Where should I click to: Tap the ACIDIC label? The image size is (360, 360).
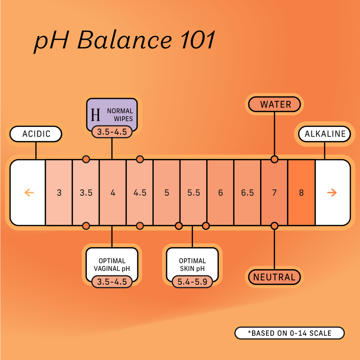point(36,134)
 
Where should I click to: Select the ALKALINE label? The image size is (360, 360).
point(325,134)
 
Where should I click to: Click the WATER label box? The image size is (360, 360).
point(275,104)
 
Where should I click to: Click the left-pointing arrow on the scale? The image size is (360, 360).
point(29,193)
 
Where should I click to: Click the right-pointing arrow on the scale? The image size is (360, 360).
point(332,193)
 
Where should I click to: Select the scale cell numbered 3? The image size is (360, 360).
point(59,193)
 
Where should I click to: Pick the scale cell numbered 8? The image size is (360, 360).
point(301,193)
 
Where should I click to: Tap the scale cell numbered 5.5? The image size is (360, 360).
point(193,193)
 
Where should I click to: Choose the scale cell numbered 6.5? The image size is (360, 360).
point(247,193)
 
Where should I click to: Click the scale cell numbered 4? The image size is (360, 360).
point(112,193)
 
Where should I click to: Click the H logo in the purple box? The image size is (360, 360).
point(95,114)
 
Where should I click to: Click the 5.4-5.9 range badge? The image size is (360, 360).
point(193,282)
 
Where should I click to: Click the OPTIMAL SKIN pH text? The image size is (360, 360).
point(193,265)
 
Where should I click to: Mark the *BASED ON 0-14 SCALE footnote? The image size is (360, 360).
point(289,333)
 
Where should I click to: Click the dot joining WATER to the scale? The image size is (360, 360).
point(274,159)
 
